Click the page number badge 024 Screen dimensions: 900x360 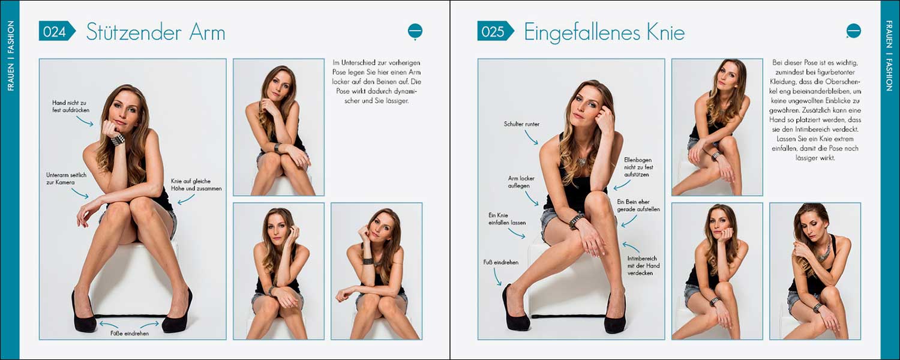point(56,31)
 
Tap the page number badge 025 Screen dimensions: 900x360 point(496,31)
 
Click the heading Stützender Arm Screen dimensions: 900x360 point(155,32)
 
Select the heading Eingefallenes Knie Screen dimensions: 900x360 point(604,32)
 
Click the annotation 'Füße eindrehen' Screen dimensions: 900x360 point(130,334)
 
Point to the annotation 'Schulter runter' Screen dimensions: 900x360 point(521,124)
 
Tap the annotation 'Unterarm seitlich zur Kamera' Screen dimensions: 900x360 point(66,179)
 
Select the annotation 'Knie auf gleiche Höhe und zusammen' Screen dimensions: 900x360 point(196,185)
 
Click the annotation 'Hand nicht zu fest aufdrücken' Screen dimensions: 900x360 point(71,106)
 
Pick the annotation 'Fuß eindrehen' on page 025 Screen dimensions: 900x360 point(500,262)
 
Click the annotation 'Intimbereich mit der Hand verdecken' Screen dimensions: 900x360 point(643,266)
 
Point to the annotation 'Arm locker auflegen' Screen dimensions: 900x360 point(521,182)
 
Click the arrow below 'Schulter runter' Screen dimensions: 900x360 point(531,137)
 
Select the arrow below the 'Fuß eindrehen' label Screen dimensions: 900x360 point(497,277)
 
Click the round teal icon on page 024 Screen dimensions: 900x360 point(415,32)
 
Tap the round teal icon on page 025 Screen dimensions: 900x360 point(853,31)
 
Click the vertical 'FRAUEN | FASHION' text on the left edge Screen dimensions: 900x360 point(11,56)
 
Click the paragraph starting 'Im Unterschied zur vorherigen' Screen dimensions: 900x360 point(376,82)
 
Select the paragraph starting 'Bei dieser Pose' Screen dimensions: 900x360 point(815,110)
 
